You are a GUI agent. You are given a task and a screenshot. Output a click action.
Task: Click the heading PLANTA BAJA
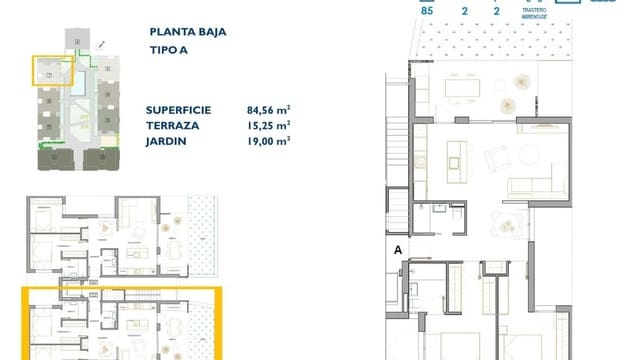(x=186, y=31)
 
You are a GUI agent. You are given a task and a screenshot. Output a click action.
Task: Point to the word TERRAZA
(x=172, y=127)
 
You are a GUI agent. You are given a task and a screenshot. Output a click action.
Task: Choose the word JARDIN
(x=166, y=142)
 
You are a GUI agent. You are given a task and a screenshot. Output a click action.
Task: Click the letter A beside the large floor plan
(x=398, y=250)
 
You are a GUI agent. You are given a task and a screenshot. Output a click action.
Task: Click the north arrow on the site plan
(x=102, y=45)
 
